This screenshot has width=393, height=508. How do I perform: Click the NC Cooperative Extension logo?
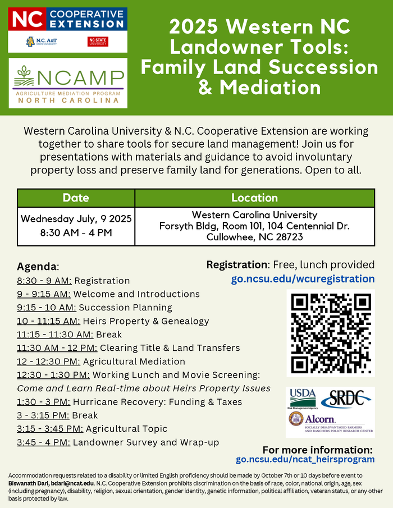[x=67, y=19]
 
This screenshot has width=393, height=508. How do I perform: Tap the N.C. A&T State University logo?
[x=42, y=42]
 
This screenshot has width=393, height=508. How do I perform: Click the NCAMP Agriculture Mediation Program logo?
[x=68, y=83]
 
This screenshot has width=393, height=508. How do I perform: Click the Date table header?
[x=76, y=198]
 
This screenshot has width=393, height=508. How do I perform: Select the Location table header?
[x=254, y=198]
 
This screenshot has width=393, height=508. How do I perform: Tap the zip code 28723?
[x=286, y=237]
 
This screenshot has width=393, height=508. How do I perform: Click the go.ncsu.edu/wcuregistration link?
[x=303, y=278]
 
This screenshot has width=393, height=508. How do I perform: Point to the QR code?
[x=331, y=333]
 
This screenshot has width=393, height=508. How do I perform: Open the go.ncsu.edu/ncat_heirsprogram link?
[x=305, y=459]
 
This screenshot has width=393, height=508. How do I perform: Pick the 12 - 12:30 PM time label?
[x=48, y=361]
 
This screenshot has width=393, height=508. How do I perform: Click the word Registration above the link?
[x=236, y=264]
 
